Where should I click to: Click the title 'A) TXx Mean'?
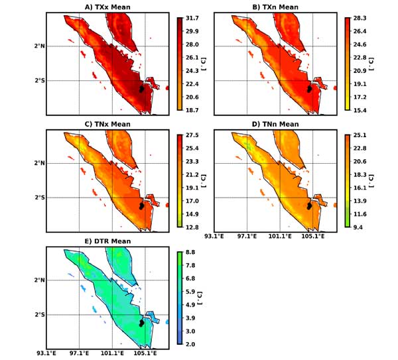point(106,7)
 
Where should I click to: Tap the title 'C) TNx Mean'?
point(106,124)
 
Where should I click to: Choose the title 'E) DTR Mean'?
point(106,241)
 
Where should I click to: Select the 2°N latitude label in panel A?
point(39,46)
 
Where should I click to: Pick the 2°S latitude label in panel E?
point(39,315)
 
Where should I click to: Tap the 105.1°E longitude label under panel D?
point(314,237)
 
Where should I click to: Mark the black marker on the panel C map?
point(142,206)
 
